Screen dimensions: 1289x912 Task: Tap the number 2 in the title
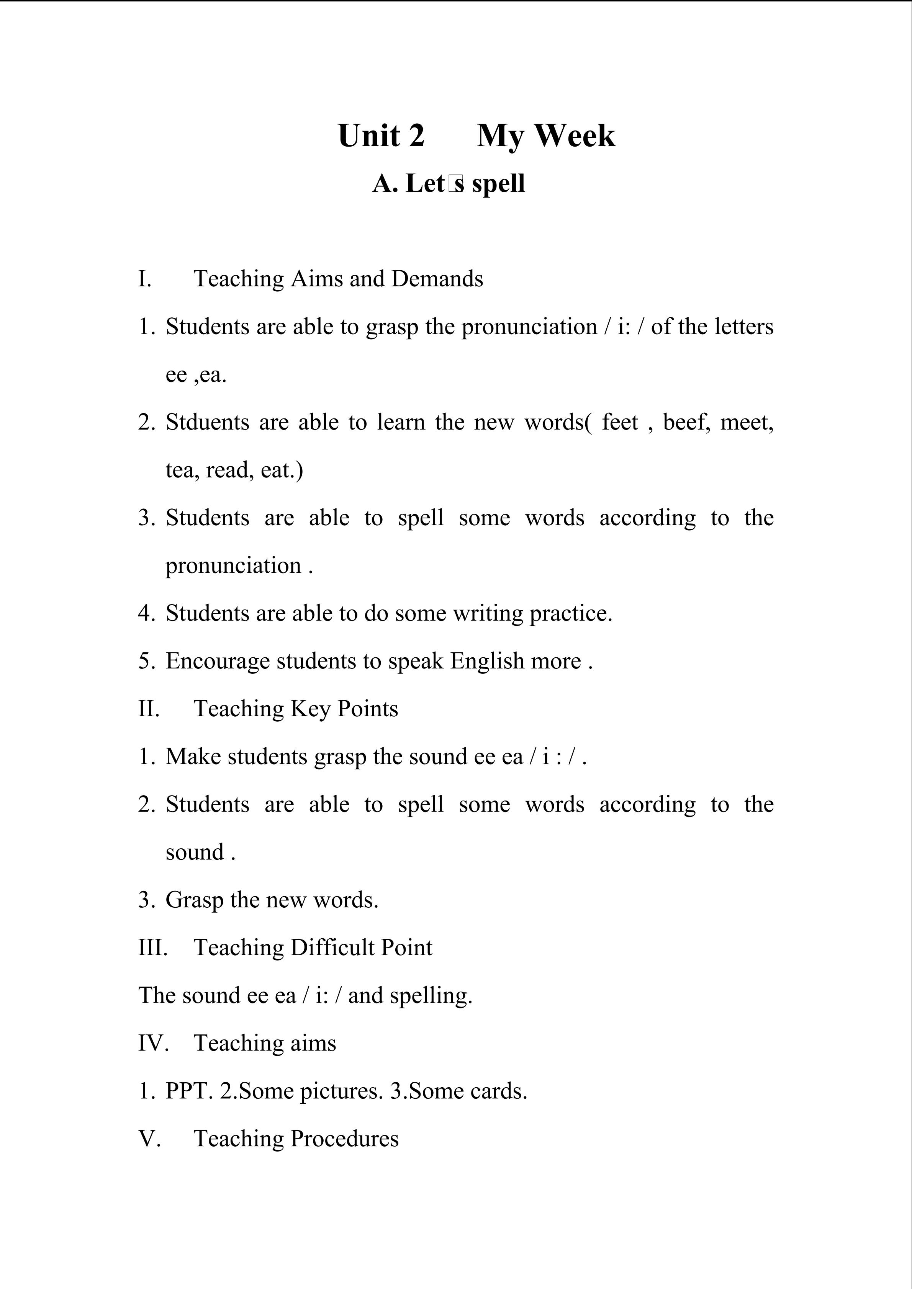[416, 136]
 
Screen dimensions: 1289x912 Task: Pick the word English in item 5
[487, 661]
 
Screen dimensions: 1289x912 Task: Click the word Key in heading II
[311, 709]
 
